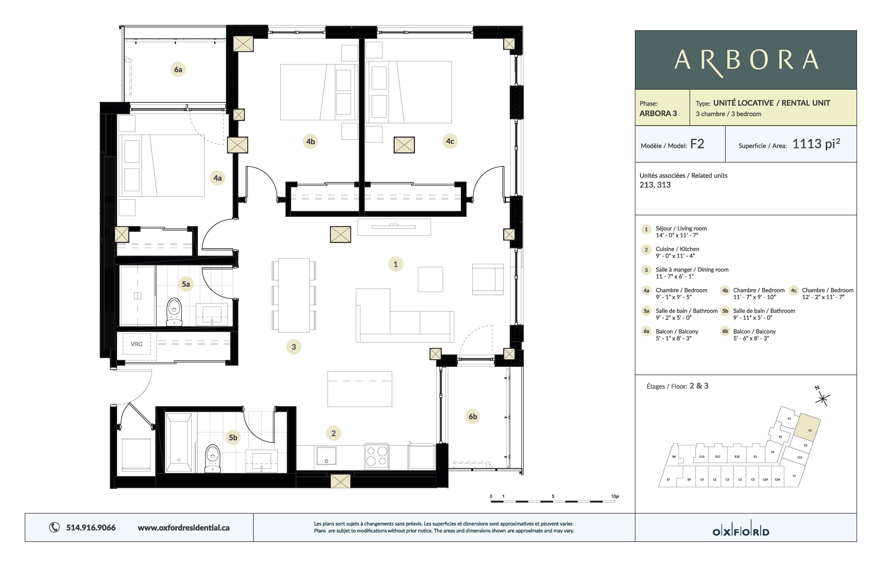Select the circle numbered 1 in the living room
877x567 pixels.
(395, 264)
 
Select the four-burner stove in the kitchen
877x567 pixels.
(377, 456)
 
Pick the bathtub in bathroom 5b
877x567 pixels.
(179, 442)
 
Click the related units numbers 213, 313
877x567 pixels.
(655, 185)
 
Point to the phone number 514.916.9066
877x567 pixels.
(91, 528)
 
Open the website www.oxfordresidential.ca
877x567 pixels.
(183, 528)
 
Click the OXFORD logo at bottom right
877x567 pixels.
(741, 532)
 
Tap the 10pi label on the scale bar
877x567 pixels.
(615, 496)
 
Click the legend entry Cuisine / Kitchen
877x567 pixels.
(677, 249)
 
